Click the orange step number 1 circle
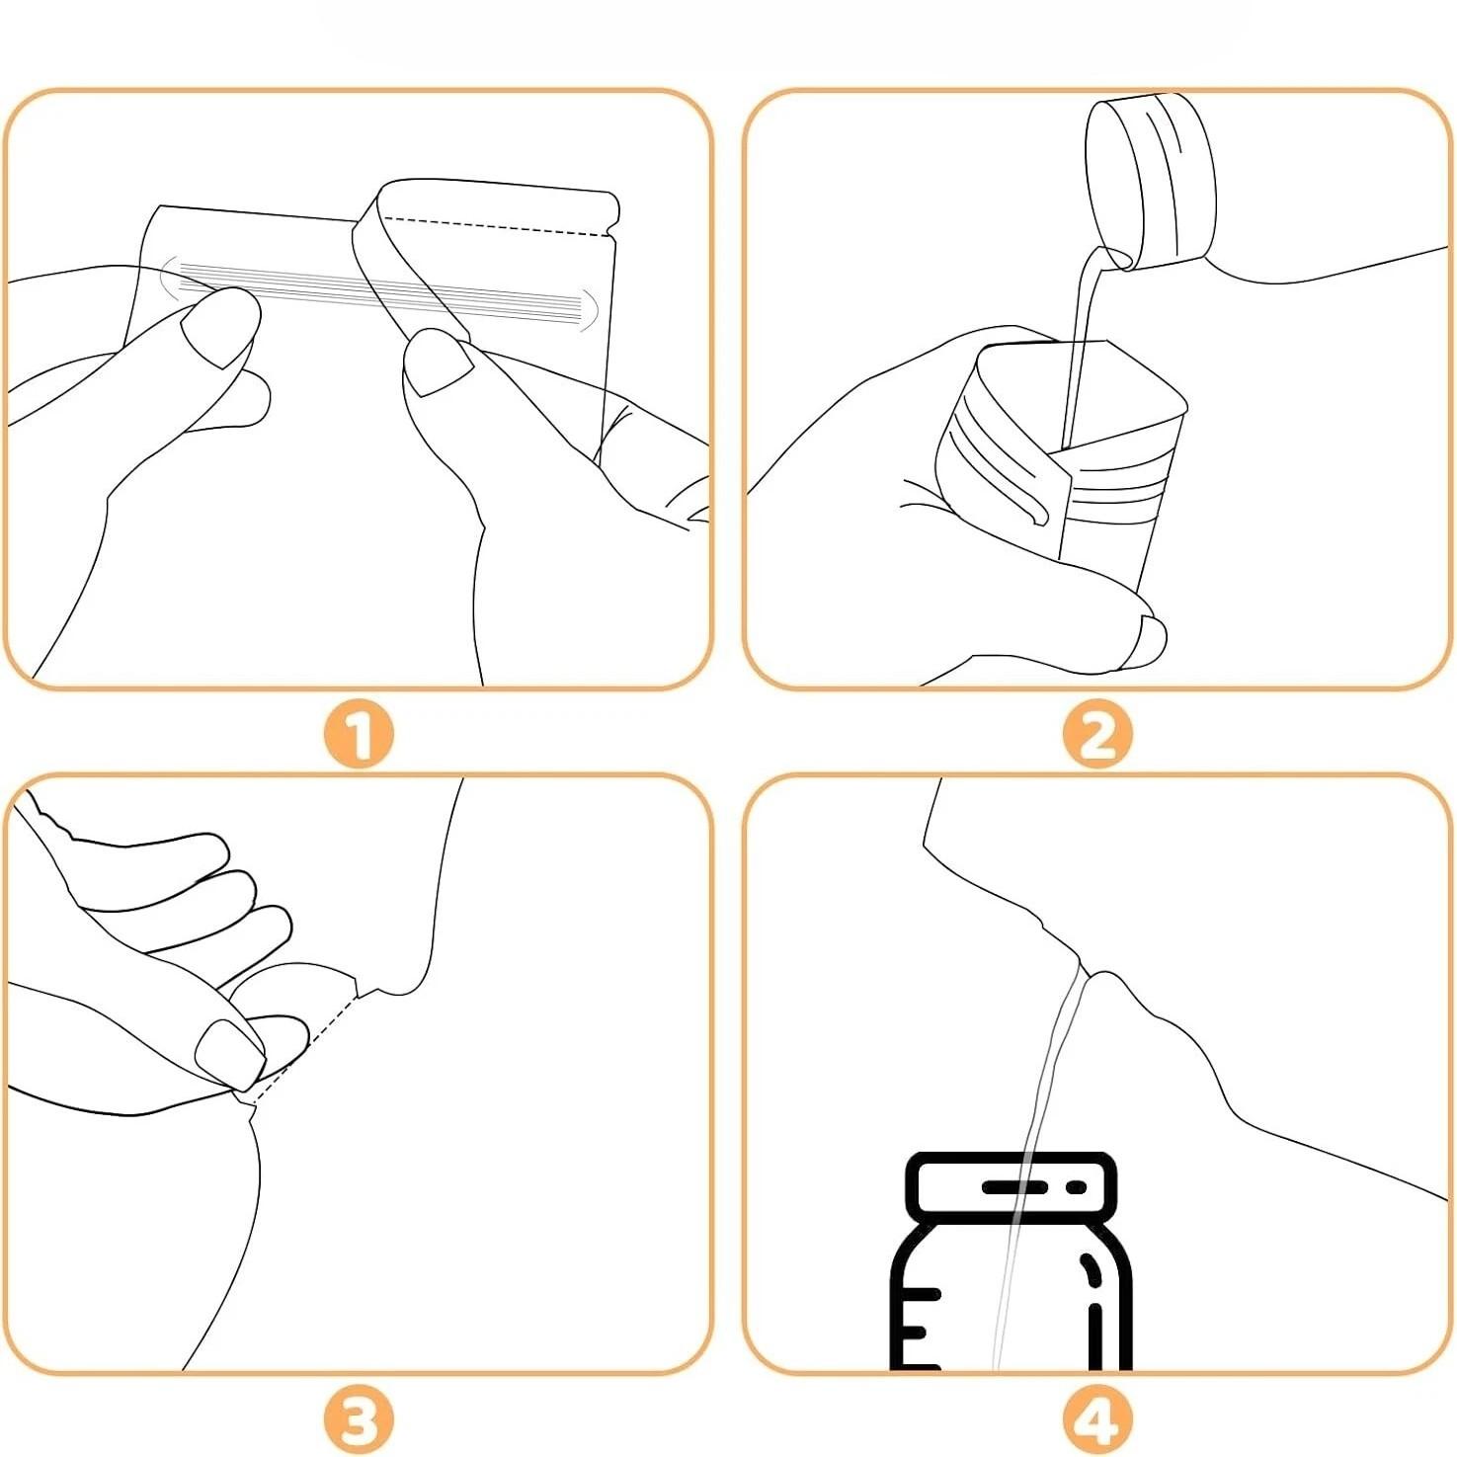point(359,735)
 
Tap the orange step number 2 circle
point(1096,735)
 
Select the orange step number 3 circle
point(359,1420)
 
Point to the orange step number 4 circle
point(1096,1420)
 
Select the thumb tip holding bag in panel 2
point(1148,637)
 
